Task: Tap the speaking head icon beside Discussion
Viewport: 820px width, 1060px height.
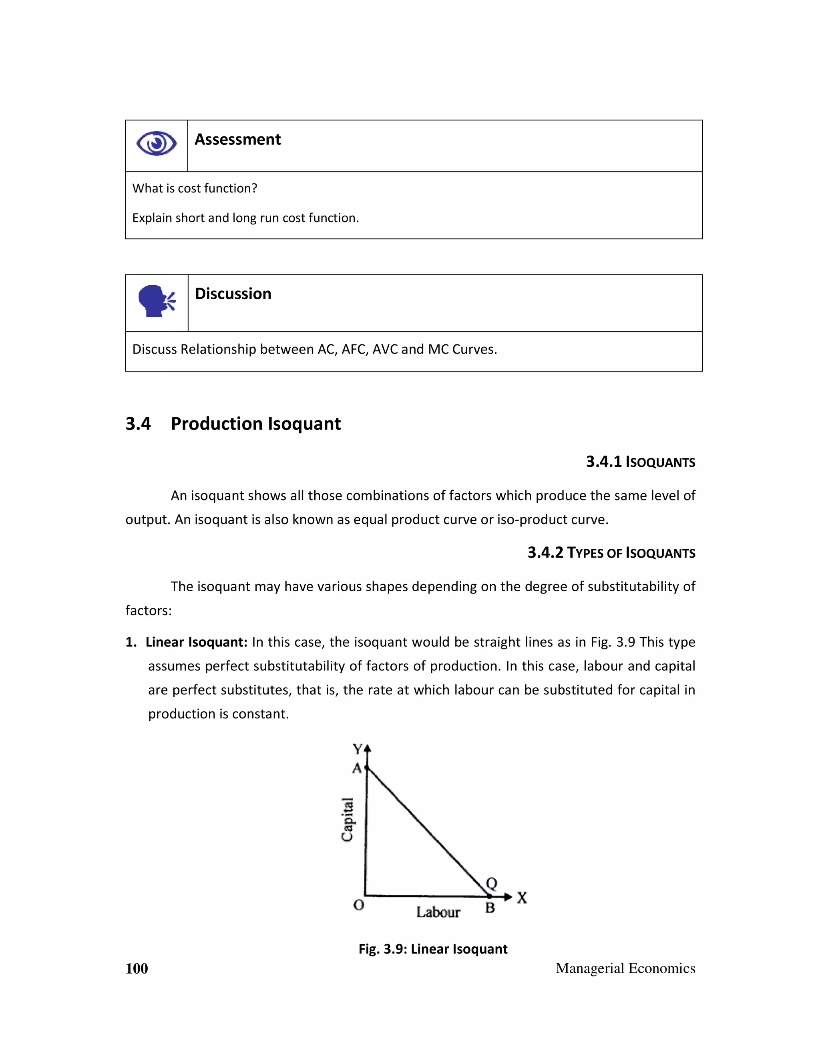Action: (x=157, y=301)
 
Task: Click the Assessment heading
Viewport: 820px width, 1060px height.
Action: (x=237, y=140)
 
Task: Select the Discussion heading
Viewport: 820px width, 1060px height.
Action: (x=233, y=294)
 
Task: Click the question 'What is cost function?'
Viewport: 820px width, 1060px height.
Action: (x=194, y=188)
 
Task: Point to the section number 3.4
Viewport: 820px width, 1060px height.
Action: (x=138, y=424)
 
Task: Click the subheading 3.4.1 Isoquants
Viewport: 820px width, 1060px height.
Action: (x=640, y=462)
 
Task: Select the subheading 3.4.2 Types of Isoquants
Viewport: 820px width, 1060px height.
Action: (x=611, y=553)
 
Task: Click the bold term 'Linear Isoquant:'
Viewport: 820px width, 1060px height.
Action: (x=196, y=642)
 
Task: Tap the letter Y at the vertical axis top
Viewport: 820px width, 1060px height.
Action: (x=358, y=749)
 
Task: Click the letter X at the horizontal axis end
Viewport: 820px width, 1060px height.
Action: (x=522, y=898)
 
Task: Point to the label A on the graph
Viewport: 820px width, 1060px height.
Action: (x=357, y=769)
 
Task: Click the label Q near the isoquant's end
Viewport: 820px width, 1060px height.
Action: (x=492, y=883)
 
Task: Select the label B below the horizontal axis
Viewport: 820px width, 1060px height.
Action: (x=490, y=908)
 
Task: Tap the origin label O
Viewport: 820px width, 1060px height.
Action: (x=358, y=905)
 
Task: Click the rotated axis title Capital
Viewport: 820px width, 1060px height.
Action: (x=347, y=819)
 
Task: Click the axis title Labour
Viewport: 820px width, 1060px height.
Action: (x=438, y=912)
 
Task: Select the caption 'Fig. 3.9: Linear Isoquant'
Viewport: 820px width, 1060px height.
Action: (x=433, y=949)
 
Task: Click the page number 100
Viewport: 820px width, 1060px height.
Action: (x=137, y=969)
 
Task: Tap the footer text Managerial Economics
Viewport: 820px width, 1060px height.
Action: (x=625, y=969)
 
